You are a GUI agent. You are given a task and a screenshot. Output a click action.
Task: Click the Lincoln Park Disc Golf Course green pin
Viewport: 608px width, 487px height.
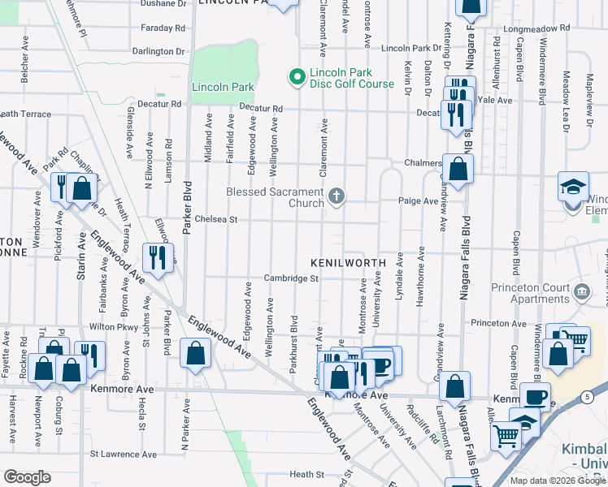(x=296, y=78)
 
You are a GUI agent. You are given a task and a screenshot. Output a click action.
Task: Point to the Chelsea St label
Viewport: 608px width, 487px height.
(x=215, y=219)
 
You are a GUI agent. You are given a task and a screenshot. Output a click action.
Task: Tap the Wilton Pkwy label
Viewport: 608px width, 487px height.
(x=108, y=326)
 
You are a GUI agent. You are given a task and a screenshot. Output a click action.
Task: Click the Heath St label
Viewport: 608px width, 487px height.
(x=307, y=474)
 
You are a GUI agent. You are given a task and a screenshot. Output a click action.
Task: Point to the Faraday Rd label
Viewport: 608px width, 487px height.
(x=163, y=28)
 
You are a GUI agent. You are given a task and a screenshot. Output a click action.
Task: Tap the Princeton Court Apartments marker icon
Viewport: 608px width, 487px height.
(x=581, y=291)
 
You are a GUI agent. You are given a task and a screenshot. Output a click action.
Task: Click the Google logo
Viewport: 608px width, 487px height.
(x=28, y=476)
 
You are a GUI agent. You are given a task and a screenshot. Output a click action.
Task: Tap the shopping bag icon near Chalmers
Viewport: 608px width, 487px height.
(x=458, y=169)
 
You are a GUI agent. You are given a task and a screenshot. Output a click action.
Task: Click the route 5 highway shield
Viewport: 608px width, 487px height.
(x=586, y=396)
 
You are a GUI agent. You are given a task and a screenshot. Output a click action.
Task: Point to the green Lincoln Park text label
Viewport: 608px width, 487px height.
(x=223, y=87)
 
